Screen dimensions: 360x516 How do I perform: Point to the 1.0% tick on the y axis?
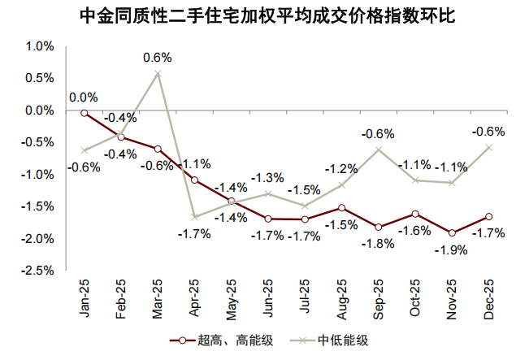click(x=38, y=46)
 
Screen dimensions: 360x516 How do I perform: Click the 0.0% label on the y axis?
click(x=38, y=111)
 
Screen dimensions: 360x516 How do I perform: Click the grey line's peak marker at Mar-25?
click(x=158, y=73)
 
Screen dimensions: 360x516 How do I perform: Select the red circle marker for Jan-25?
click(x=84, y=113)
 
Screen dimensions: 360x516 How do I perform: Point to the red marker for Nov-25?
click(x=452, y=232)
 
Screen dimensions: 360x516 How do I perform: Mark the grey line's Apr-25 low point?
click(x=195, y=216)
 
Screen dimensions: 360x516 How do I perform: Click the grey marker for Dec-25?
click(x=489, y=147)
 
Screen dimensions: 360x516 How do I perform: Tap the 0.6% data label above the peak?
click(x=158, y=58)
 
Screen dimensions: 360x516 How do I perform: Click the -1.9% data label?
click(x=452, y=250)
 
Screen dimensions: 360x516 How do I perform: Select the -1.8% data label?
click(x=378, y=243)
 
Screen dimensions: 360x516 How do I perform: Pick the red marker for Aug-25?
click(x=341, y=208)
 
